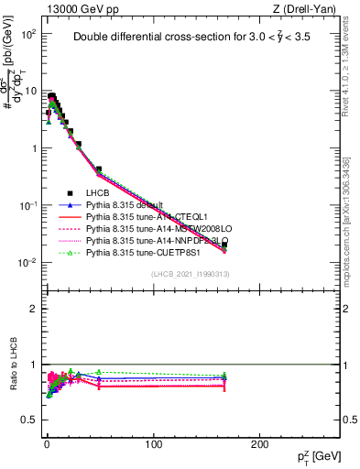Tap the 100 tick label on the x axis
tap(153, 444)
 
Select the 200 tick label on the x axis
tap(259, 444)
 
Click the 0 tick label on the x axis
tap(47, 444)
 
